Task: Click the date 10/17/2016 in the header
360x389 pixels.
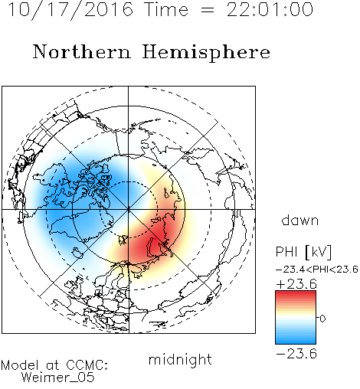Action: click(x=70, y=10)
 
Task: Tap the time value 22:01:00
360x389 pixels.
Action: click(x=270, y=9)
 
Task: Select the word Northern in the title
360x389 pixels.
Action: click(x=82, y=51)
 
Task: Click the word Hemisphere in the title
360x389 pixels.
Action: click(x=206, y=53)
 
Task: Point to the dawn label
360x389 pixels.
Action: click(x=300, y=220)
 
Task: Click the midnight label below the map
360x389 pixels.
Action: click(x=180, y=359)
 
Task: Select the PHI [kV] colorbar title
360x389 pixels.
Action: click(x=303, y=252)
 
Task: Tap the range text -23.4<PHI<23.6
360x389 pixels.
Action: click(x=317, y=270)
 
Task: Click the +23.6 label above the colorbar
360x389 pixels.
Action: click(x=296, y=284)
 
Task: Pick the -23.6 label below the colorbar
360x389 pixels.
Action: click(x=296, y=354)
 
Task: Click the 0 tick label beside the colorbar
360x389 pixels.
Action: click(x=322, y=319)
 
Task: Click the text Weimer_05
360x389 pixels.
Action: click(x=58, y=378)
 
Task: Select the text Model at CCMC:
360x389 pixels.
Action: click(x=54, y=365)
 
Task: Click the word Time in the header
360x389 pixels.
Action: click(x=166, y=9)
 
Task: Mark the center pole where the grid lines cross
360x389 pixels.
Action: click(x=129, y=210)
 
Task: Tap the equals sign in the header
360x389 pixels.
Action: click(x=208, y=10)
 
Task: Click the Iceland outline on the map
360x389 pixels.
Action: click(x=77, y=252)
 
